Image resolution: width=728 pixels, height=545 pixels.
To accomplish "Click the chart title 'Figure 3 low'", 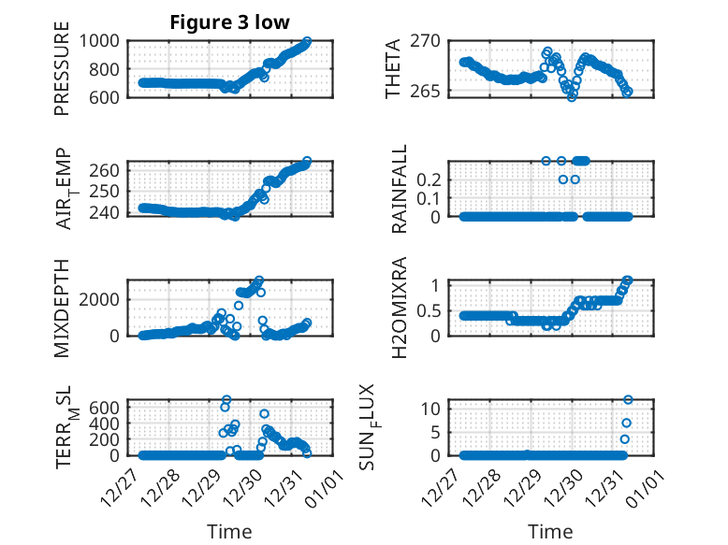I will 229,22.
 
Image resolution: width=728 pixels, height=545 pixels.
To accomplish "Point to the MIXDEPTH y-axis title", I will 63,307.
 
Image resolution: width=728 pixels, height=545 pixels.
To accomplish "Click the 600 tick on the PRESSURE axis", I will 105,97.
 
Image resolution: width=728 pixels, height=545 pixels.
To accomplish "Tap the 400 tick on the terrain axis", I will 105,423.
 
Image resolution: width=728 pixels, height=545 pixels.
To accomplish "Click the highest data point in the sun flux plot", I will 629,400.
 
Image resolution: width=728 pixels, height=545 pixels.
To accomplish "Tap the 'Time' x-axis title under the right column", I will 551,531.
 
